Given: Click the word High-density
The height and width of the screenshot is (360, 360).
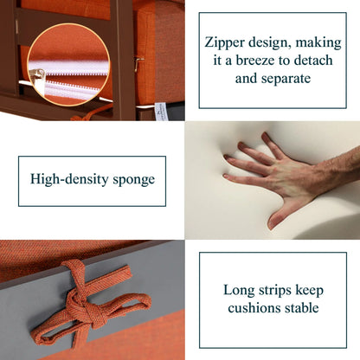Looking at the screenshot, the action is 69,179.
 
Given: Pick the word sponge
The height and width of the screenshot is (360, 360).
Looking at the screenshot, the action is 133,180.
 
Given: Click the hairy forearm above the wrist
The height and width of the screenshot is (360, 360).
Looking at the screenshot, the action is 337,166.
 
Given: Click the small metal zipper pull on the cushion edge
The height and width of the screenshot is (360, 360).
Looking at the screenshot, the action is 139,63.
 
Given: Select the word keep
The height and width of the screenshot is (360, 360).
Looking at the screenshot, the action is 309,291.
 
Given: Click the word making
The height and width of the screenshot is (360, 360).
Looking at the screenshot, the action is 318,43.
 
